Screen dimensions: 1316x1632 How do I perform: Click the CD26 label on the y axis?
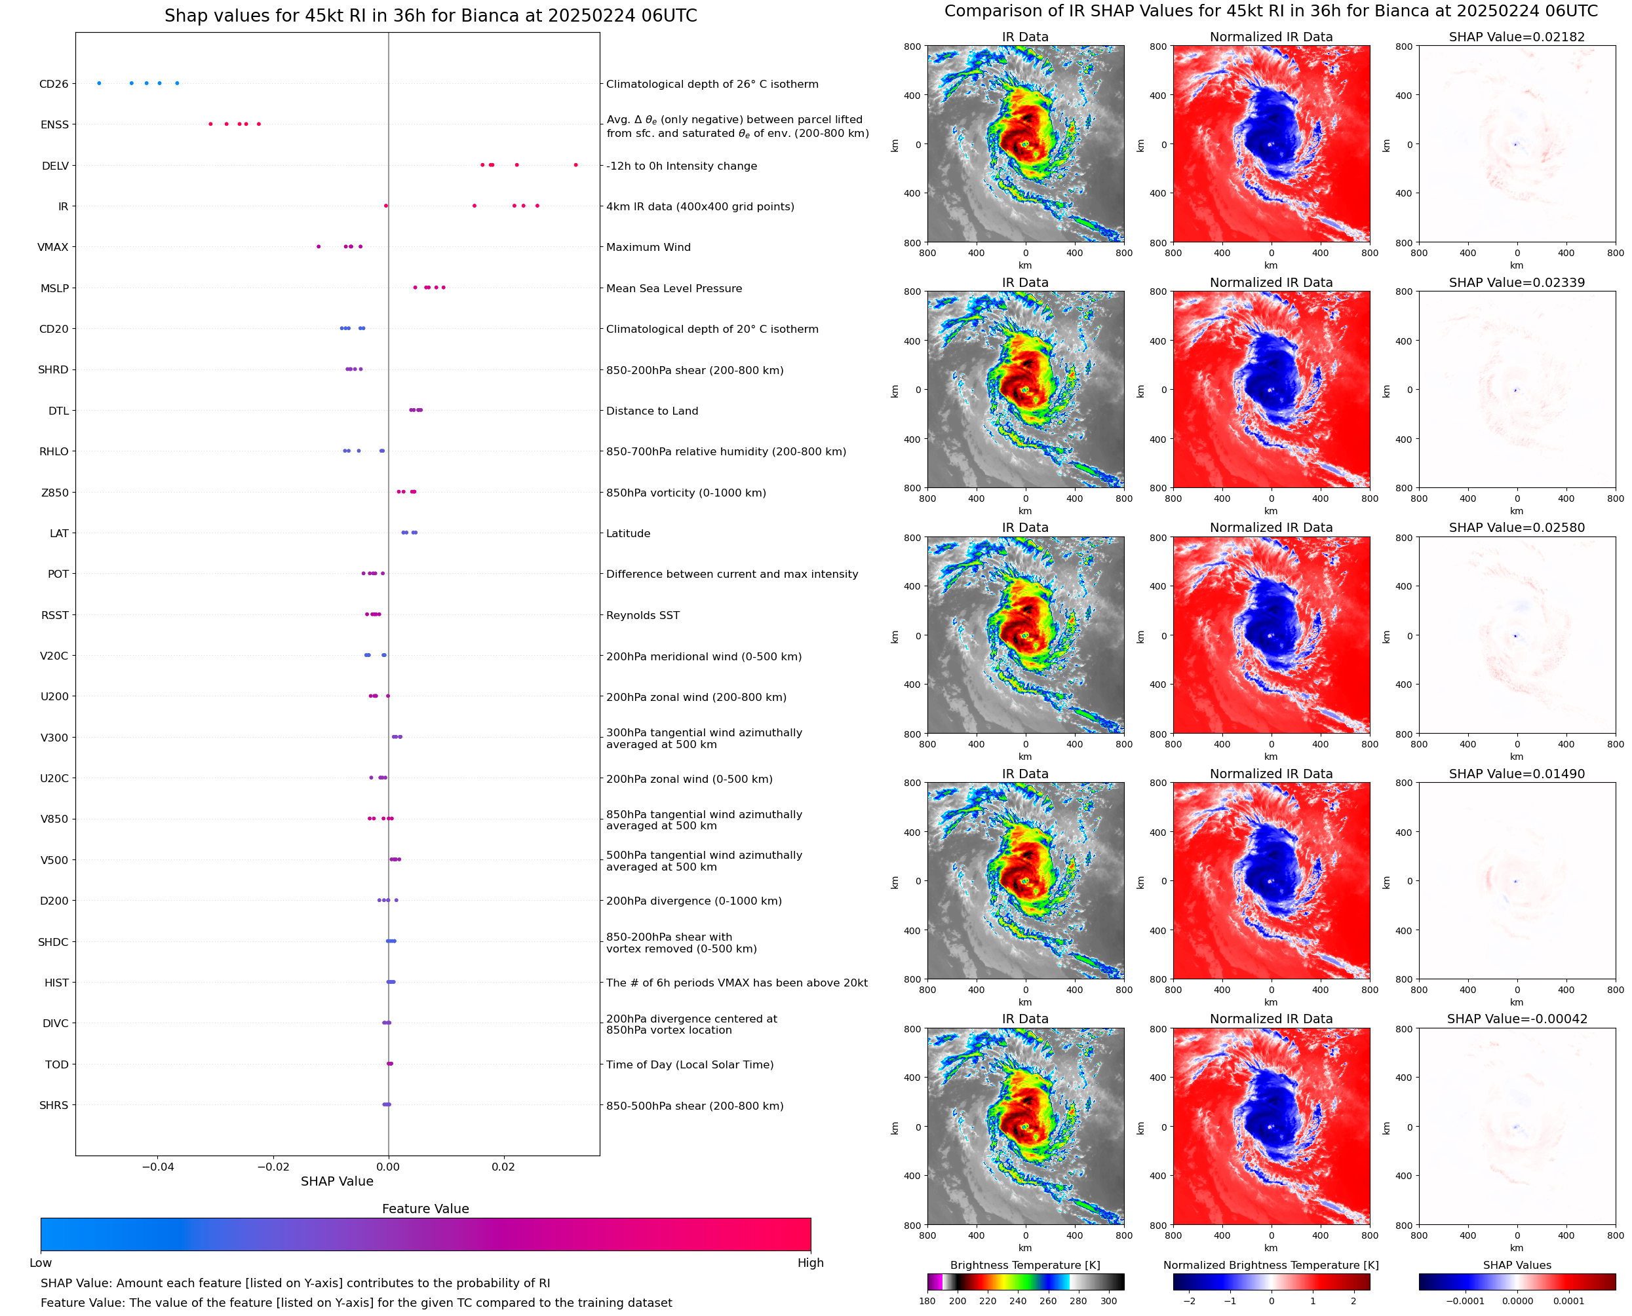53,84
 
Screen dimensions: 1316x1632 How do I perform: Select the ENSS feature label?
54,125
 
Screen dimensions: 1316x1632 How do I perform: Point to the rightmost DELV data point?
575,165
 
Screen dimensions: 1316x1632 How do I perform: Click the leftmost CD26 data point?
100,83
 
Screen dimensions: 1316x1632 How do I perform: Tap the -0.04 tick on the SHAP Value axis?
158,1167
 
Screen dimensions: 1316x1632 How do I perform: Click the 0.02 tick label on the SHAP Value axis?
503,1167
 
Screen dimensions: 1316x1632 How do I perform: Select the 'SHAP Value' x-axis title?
337,1182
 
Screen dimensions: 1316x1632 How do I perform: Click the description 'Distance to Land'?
651,411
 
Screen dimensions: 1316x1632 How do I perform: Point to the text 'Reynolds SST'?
642,616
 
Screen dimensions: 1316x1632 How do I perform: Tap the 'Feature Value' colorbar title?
425,1209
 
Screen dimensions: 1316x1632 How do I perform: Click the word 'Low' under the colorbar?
40,1263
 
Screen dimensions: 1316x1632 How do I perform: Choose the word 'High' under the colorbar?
810,1263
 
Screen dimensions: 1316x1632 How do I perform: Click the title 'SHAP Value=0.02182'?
1516,37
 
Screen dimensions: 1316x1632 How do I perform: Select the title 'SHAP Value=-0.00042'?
1516,1019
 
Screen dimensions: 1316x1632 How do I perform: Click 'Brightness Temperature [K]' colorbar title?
1024,1265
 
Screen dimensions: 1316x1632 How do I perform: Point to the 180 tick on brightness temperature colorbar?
927,1301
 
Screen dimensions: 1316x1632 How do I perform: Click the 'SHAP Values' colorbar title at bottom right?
1517,1265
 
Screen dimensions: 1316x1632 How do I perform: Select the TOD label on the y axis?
57,1064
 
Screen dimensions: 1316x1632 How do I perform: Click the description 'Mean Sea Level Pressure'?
673,289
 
